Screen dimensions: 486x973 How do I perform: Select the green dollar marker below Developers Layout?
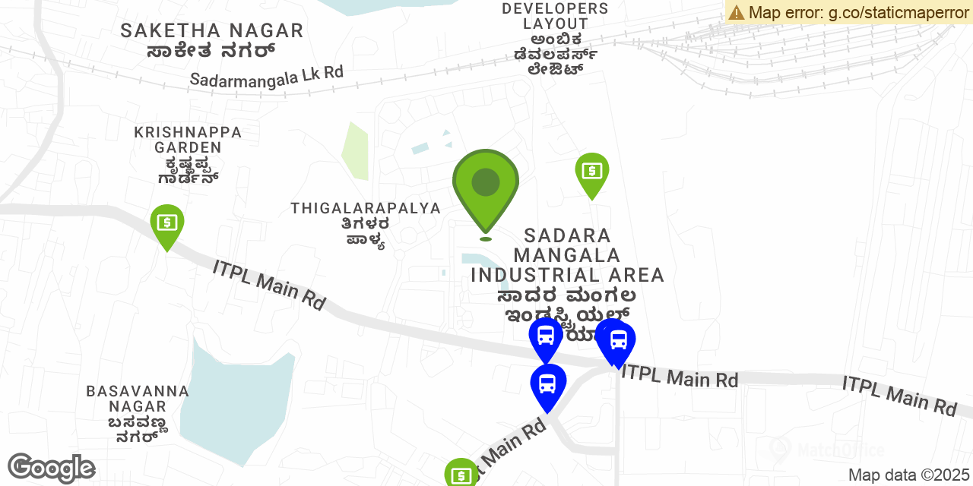[x=591, y=172]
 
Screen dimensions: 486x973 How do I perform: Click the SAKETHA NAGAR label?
[x=212, y=31]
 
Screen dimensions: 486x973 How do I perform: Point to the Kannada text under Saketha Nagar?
[x=211, y=51]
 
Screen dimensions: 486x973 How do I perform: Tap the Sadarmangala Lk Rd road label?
[x=266, y=76]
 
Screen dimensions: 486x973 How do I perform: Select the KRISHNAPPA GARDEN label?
[x=188, y=140]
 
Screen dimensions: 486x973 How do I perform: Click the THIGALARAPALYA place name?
[x=366, y=208]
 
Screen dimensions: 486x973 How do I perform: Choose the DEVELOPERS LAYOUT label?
[x=556, y=16]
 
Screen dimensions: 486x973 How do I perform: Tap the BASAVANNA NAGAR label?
[x=138, y=399]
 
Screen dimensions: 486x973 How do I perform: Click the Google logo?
[x=51, y=468]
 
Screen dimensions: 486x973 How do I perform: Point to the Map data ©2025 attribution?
[x=908, y=475]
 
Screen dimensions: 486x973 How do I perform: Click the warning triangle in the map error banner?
[x=736, y=12]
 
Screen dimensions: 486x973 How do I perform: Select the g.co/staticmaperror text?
[x=898, y=12]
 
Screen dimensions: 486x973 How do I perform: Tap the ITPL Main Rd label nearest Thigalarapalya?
[x=269, y=284]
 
